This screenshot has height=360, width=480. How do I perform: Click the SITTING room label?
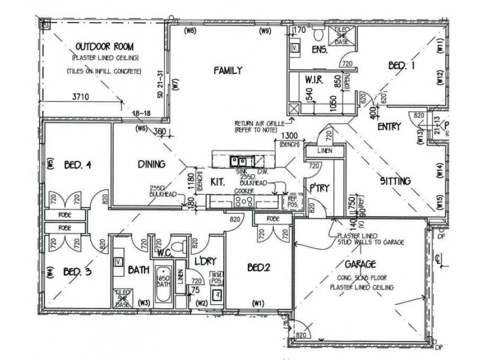(395, 180)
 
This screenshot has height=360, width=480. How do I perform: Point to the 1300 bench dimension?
(286, 136)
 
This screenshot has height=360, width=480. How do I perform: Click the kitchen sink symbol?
(239, 161)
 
